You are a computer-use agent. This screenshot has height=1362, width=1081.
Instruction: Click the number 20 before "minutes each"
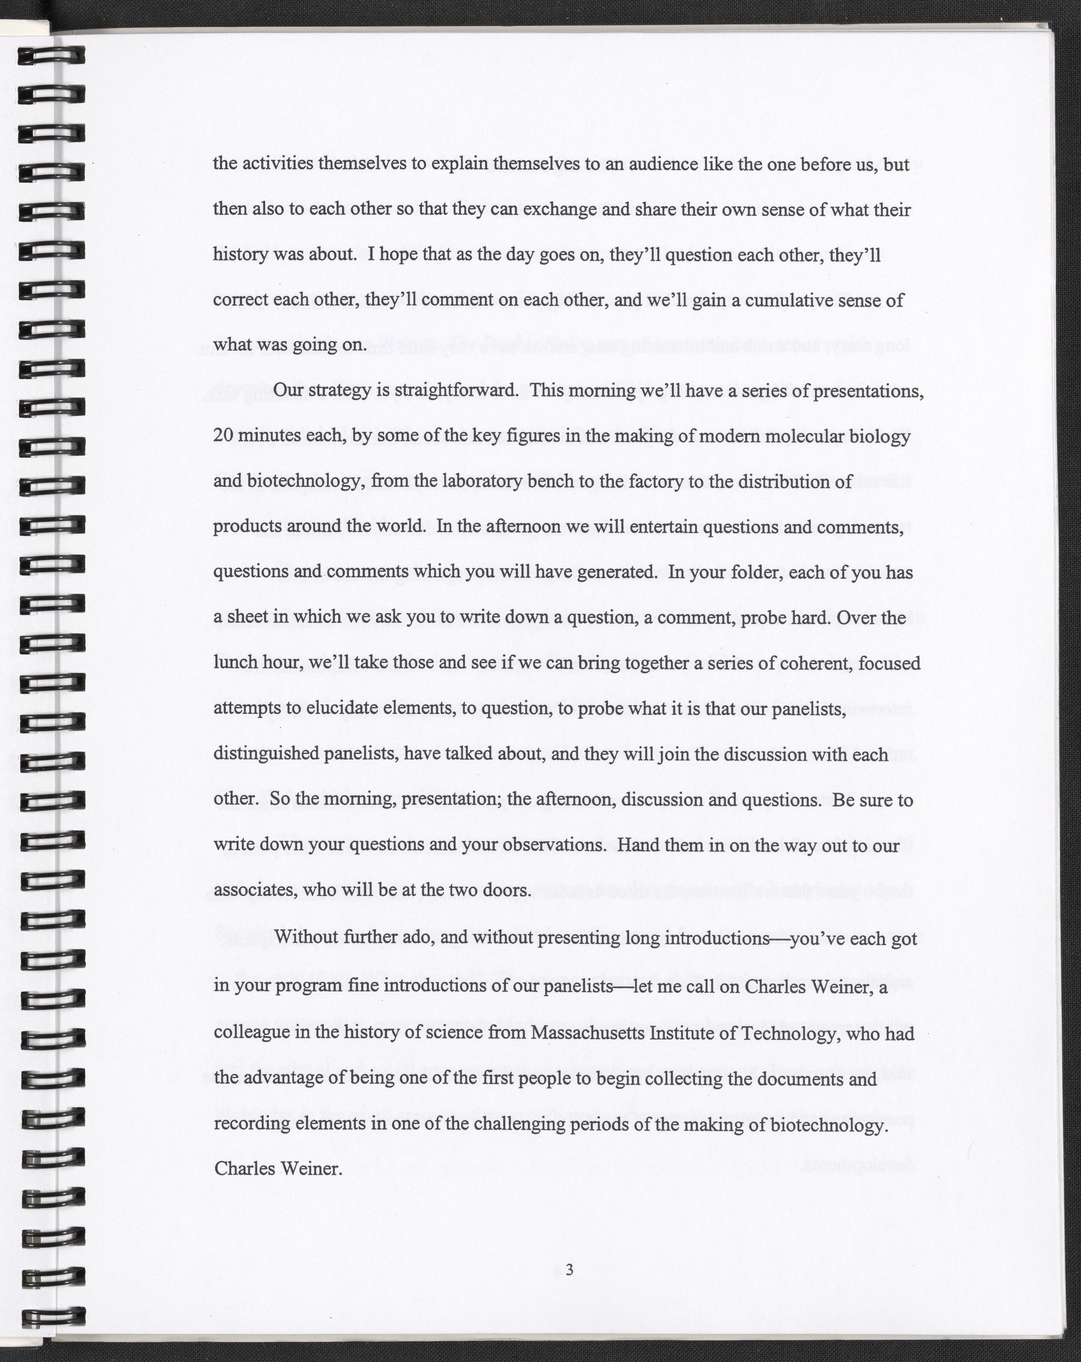(223, 436)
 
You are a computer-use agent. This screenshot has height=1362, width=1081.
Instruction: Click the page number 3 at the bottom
(569, 1270)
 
